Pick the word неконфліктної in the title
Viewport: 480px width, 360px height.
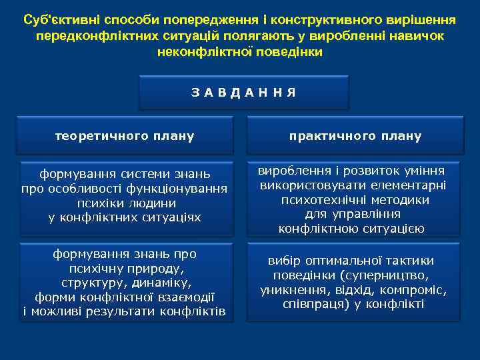coord(197,51)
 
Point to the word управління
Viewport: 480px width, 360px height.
coord(370,214)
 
